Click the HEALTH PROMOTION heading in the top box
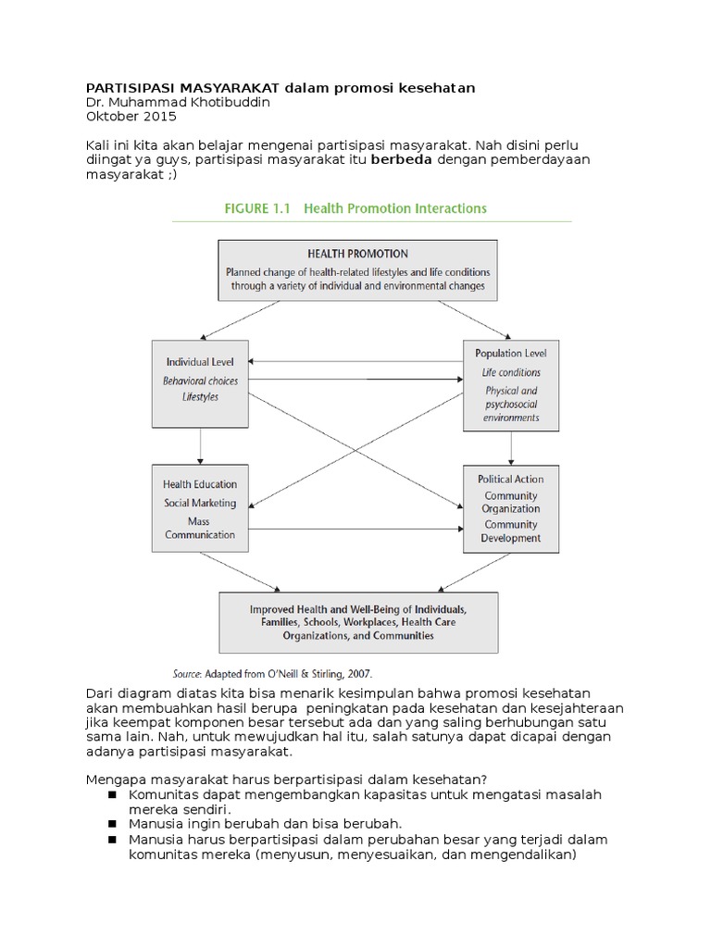pos(356,253)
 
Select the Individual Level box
pos(200,382)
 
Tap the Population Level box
pos(511,385)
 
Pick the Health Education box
pos(200,508)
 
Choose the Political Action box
pos(511,508)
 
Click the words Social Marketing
pos(200,503)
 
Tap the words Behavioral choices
pos(200,380)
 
